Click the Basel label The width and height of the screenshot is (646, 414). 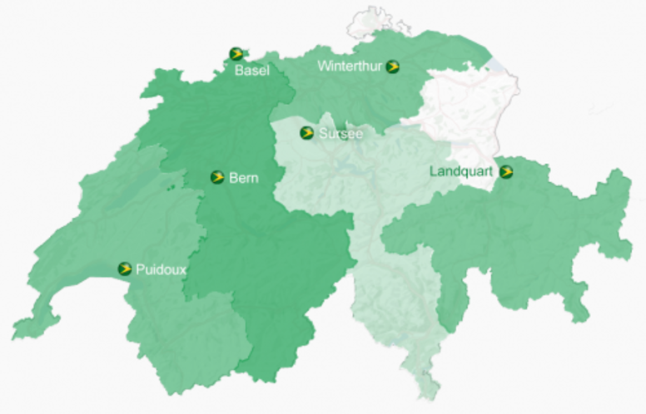[251, 71]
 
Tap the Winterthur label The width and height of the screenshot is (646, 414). [350, 66]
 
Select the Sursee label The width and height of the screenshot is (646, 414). [341, 133]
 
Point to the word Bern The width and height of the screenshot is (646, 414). [243, 177]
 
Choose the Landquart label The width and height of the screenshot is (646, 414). [461, 171]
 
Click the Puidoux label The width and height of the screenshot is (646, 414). [161, 269]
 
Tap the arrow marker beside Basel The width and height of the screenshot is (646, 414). [236, 54]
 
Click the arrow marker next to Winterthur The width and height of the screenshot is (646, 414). [393, 67]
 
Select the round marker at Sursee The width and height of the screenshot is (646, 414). [307, 133]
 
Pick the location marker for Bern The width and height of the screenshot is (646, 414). [217, 177]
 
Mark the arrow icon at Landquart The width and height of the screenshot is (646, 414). [506, 172]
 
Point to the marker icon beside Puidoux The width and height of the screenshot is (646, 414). [125, 269]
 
